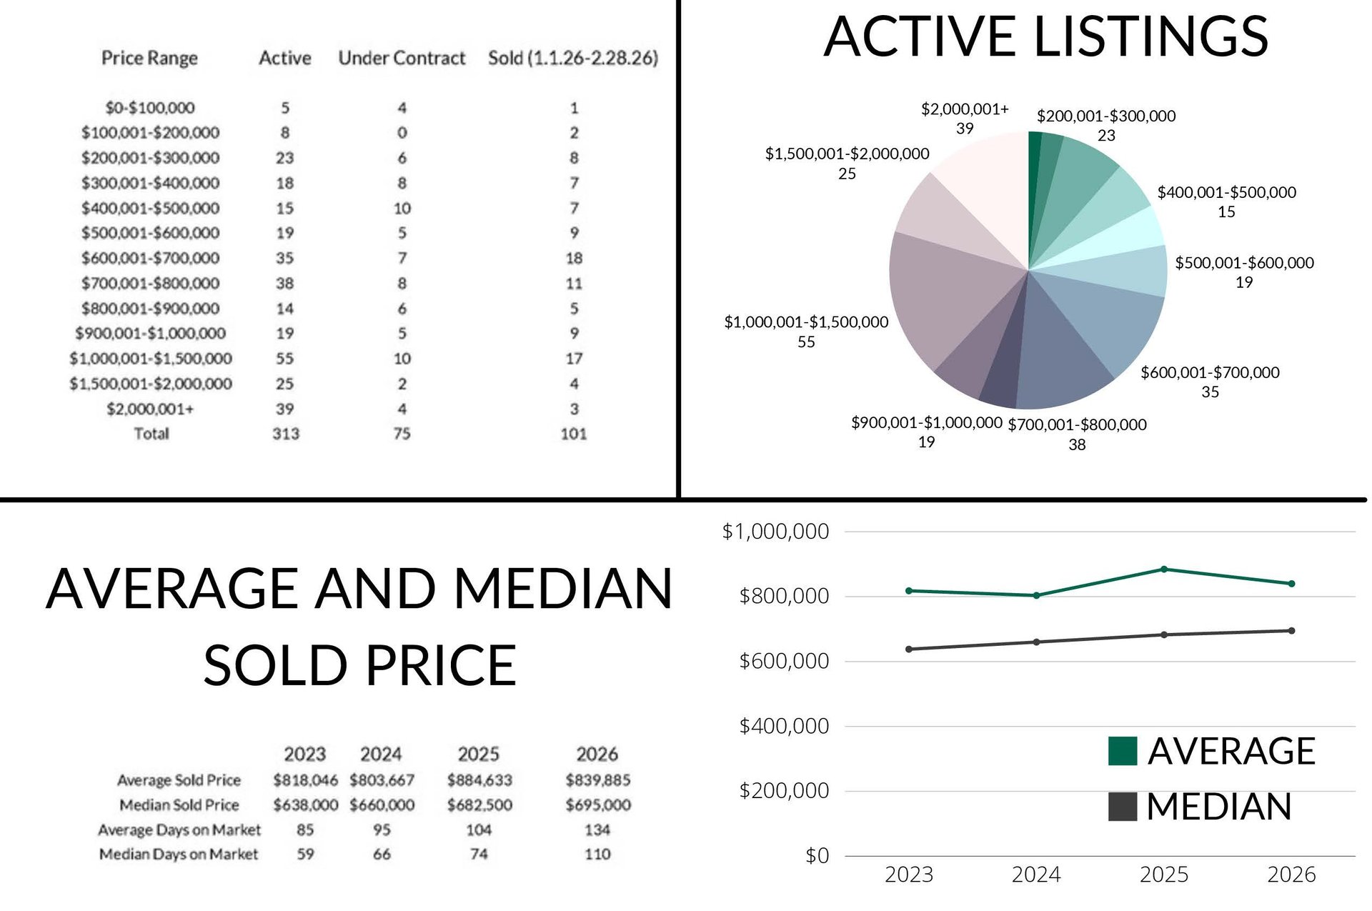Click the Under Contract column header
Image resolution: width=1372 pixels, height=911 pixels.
[402, 58]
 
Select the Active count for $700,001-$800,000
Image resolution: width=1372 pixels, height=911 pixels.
[285, 284]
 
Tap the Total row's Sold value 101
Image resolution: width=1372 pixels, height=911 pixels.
[573, 434]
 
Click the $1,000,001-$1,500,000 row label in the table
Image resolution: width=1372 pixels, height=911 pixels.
[151, 359]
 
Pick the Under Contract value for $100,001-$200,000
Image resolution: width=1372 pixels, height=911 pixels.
[402, 133]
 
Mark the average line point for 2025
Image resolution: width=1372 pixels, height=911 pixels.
[1164, 569]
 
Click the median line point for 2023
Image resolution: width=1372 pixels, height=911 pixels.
[909, 649]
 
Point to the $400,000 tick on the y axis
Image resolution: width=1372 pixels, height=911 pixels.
[784, 727]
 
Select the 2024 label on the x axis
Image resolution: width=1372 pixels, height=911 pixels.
[1036, 875]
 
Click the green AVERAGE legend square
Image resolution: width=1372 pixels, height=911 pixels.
[1122, 751]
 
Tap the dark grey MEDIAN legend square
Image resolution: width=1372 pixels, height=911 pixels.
[1122, 807]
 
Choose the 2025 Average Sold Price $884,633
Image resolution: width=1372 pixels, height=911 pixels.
[479, 780]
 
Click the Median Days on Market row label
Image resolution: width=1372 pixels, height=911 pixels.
[179, 855]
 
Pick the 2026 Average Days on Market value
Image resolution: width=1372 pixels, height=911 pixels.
[597, 830]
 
